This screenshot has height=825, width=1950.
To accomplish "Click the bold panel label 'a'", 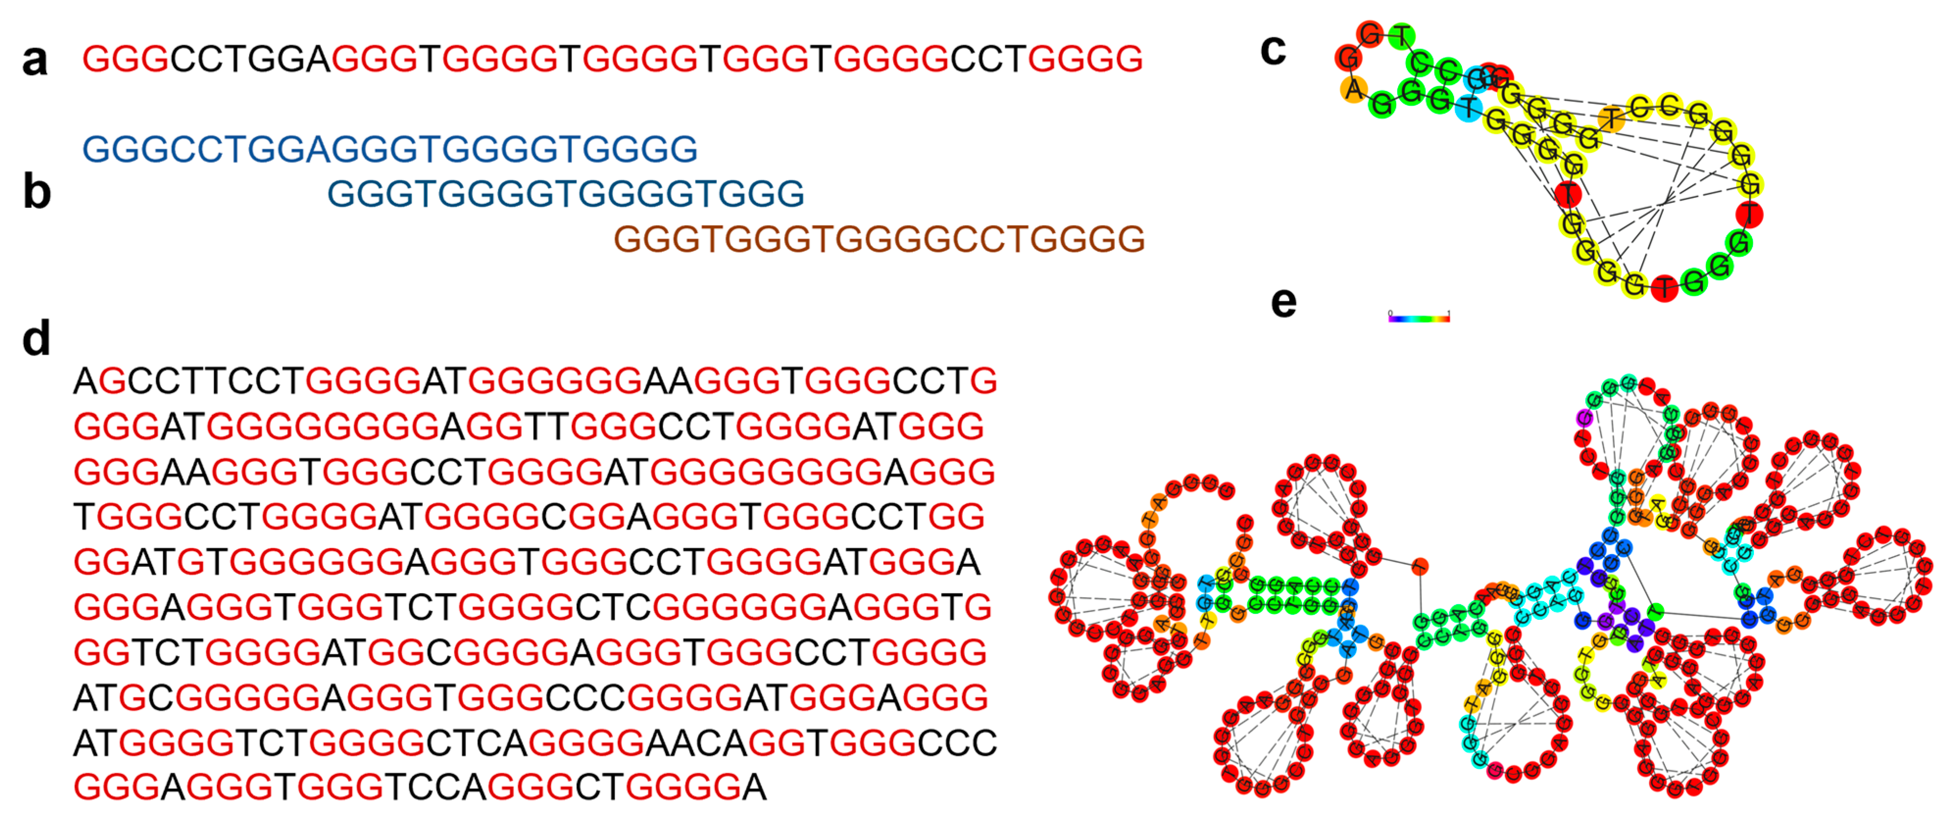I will point(35,61).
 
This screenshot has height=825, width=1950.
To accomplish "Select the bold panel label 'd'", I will point(36,339).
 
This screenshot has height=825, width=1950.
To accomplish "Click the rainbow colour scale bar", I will point(1419,318).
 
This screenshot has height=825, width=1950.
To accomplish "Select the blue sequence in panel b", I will point(389,149).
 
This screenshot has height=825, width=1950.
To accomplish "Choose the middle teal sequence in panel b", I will point(566,194).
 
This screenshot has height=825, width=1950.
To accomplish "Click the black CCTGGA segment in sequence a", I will point(250,59).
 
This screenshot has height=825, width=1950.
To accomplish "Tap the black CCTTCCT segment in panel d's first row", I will point(216,381).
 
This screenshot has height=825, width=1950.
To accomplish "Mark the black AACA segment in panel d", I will point(696,743).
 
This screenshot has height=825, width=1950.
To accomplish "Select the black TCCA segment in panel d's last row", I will point(435,788).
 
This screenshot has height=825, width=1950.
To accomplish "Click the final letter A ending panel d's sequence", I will point(754,788).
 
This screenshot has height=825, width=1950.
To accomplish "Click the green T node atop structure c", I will point(1403,36).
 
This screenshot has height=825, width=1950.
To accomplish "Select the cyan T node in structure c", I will point(1469,107).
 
